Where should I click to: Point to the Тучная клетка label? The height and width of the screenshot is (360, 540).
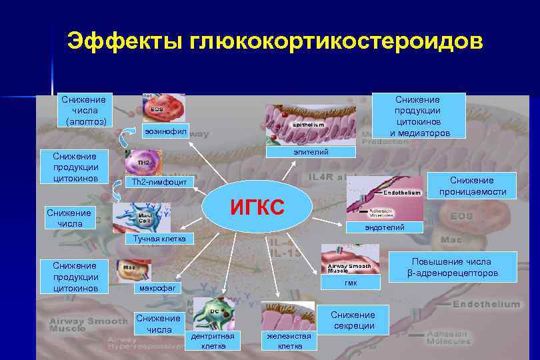coord(159,238)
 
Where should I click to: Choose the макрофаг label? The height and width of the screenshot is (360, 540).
coord(158,288)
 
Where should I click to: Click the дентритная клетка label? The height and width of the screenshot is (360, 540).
coord(212,340)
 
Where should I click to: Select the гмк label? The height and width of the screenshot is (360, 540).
coord(351,283)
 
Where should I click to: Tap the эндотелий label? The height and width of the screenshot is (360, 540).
coord(384,228)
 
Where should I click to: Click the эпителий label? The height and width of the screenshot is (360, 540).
coord(311,153)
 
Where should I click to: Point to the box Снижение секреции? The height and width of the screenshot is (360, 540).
coord(353,320)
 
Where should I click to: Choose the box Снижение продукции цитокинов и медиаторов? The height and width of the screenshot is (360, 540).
coord(417,115)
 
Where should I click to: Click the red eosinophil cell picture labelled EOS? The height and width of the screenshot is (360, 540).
coord(163,108)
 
